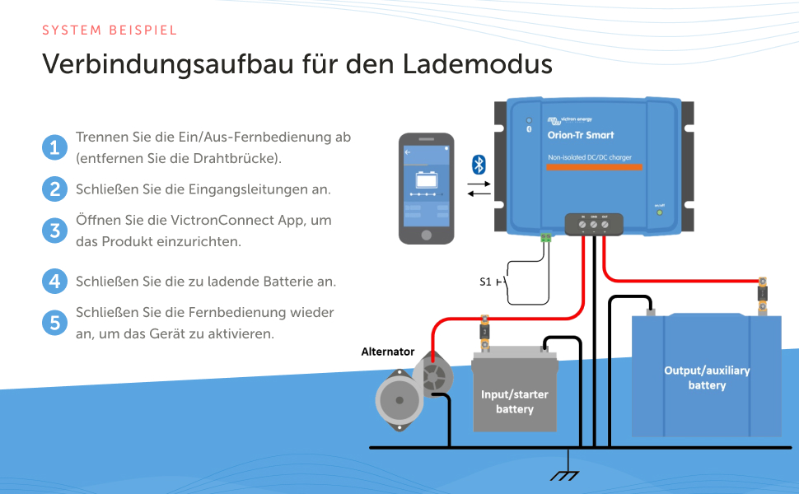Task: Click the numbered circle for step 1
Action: (54, 148)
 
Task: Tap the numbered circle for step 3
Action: (54, 231)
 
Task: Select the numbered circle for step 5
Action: (54, 323)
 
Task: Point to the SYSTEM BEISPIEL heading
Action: (110, 30)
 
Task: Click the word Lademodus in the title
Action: (478, 64)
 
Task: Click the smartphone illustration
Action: (426, 188)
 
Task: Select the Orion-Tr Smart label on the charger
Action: (581, 135)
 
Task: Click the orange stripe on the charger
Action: (596, 167)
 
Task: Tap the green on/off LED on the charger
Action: (659, 212)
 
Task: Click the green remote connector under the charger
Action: (544, 238)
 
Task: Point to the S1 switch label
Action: (485, 282)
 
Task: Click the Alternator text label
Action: (388, 352)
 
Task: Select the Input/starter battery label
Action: (515, 402)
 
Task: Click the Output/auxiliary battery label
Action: (707, 378)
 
